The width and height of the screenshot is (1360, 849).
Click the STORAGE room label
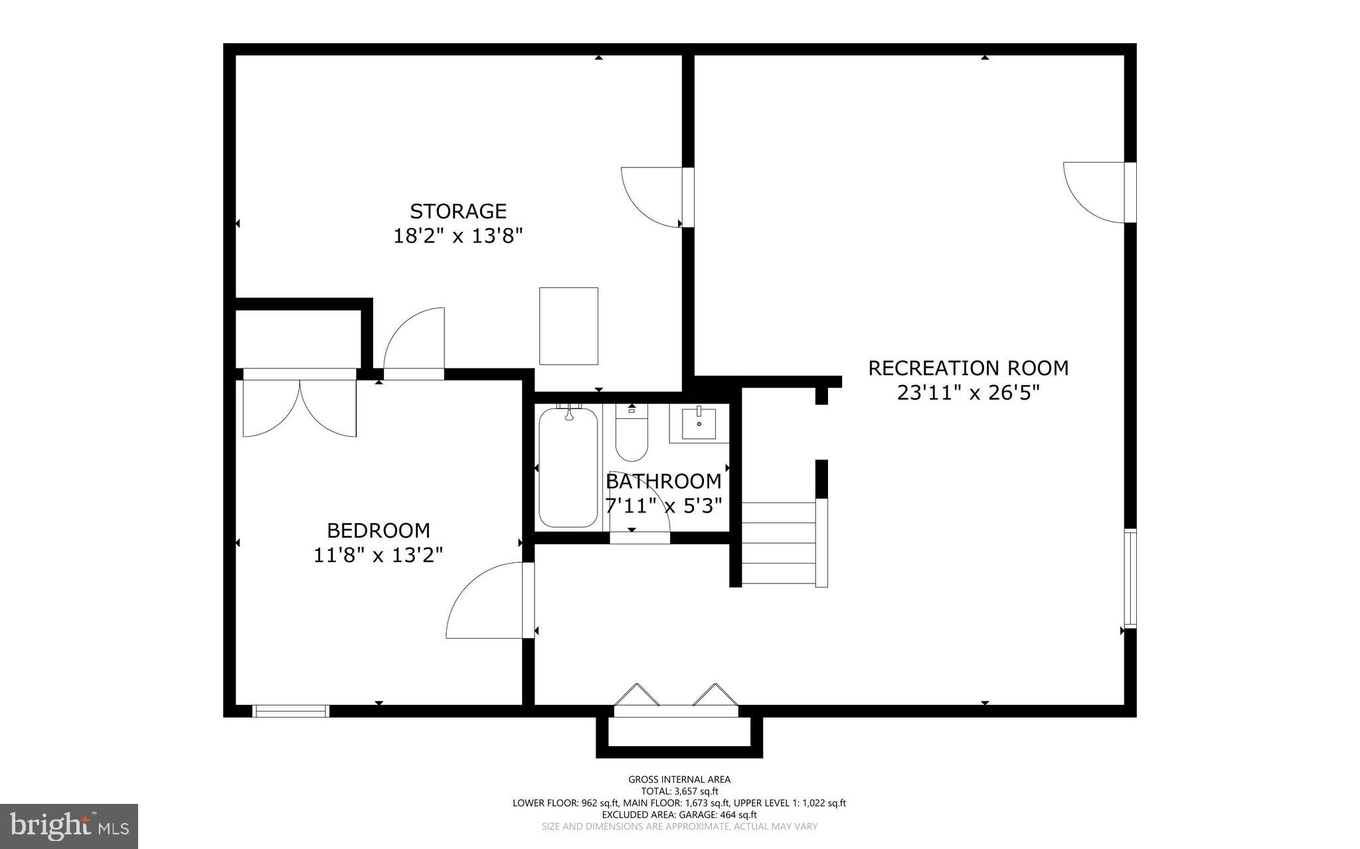(458, 211)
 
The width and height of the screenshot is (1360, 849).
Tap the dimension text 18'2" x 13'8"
(458, 236)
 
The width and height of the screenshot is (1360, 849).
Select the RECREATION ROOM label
(968, 368)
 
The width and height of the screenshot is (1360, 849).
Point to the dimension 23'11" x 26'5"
(968, 393)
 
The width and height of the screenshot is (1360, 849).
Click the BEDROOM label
(379, 530)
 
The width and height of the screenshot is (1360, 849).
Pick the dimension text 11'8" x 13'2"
(379, 555)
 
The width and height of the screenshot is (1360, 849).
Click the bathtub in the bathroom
(568, 468)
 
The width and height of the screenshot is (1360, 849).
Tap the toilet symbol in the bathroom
(632, 435)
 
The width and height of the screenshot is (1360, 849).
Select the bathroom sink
(699, 424)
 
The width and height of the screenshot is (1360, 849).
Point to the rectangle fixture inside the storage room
(568, 326)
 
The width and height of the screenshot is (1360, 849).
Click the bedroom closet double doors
(299, 405)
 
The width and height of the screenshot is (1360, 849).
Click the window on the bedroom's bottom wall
(291, 711)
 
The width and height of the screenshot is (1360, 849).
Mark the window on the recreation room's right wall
(1130, 578)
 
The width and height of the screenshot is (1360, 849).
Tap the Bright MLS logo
(69, 826)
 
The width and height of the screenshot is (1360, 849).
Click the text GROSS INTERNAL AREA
(679, 779)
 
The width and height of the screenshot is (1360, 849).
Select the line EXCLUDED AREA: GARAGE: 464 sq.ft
(679, 814)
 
